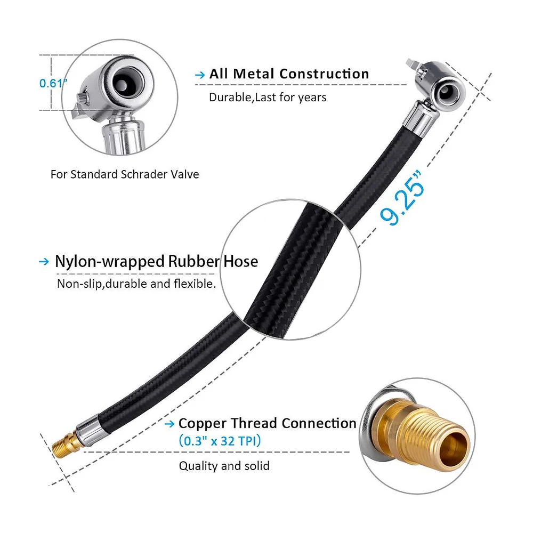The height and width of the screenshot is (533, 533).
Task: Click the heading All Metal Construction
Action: point(289,74)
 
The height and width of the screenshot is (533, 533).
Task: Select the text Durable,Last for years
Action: point(268,97)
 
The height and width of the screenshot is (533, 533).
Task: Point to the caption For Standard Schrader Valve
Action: point(125,174)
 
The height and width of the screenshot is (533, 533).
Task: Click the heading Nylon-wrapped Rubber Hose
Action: point(156,261)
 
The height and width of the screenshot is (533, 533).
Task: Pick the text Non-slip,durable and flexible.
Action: point(136,284)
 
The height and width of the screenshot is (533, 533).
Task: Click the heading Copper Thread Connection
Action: point(267,423)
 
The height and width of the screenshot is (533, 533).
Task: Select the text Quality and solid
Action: point(224,466)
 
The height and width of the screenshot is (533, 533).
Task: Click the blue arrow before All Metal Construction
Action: point(200,75)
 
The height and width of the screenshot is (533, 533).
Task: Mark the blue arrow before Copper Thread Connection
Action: point(169,424)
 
